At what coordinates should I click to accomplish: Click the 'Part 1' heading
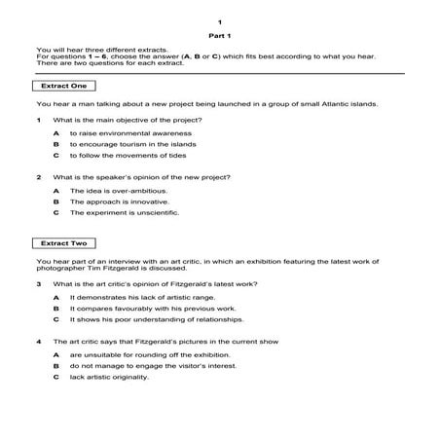tap(220, 36)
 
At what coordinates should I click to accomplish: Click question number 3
tap(39, 283)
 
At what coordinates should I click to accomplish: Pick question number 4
tap(39, 342)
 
